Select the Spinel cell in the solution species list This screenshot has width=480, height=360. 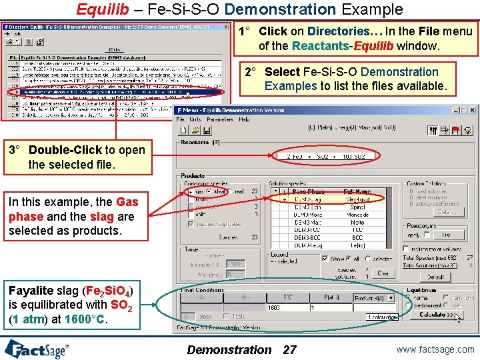tap(357, 207)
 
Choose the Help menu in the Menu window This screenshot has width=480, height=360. tap(244, 119)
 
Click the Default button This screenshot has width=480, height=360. tap(435, 277)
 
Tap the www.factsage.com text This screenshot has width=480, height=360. tap(434, 349)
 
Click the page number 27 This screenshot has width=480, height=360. tap(289, 349)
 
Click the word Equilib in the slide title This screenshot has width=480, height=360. tap(101, 9)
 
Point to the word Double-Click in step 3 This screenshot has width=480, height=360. tap(65, 150)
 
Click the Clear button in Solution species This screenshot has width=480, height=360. tap(383, 273)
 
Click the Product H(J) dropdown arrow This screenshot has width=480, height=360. tap(393, 298)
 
